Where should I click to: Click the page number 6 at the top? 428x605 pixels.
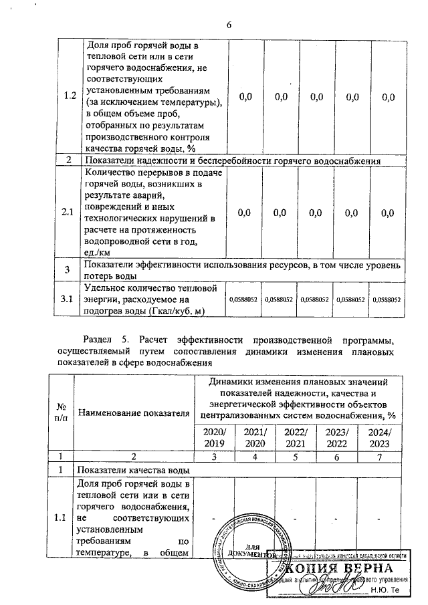228,25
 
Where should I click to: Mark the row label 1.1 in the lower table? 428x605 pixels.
62,518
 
